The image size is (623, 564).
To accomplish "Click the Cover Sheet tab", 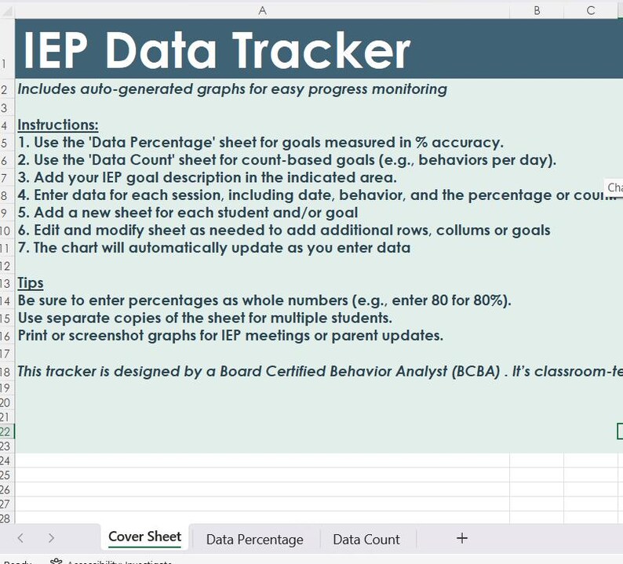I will (x=144, y=537).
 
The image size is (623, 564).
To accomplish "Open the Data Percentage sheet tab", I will (x=254, y=540).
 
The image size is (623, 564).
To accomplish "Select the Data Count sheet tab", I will (x=366, y=540).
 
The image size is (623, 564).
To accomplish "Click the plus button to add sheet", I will (x=462, y=538).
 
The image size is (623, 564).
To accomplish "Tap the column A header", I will (x=262, y=10).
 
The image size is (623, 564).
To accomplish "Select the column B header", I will (x=537, y=10).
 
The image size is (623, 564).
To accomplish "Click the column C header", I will (x=591, y=10).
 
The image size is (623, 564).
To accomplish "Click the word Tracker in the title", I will (x=321, y=50).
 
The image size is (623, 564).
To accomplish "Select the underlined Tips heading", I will (x=31, y=282).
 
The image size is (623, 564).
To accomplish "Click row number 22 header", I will (x=6, y=431).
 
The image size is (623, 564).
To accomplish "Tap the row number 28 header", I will (x=6, y=519).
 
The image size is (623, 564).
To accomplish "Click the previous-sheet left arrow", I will (x=20, y=538).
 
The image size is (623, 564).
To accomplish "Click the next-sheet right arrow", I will (x=51, y=538).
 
